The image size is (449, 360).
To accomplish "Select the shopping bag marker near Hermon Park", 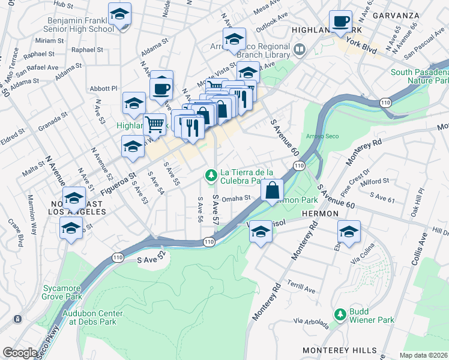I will click(273, 191).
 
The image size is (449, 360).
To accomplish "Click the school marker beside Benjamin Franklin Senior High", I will click(119, 15).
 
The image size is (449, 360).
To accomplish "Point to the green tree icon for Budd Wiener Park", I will click(340, 314).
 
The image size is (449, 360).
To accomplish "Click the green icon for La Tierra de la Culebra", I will click(210, 175).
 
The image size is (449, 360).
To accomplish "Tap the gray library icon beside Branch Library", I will click(298, 48).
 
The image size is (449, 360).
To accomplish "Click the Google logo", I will click(19, 353).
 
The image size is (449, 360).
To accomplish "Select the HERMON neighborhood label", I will click(321, 214).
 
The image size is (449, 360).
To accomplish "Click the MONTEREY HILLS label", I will click(340, 350).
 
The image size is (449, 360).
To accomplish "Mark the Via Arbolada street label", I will click(311, 322).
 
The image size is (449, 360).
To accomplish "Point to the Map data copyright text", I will click(423, 355).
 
